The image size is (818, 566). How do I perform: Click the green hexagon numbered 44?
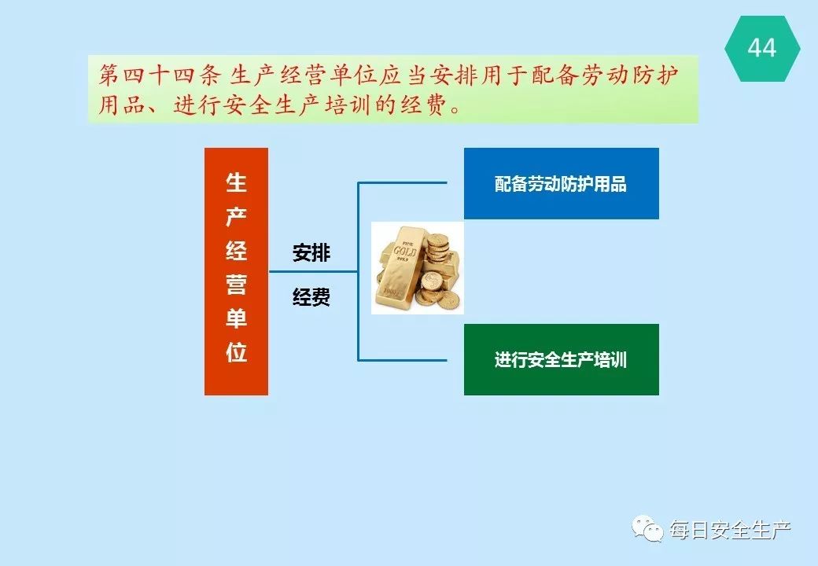[x=762, y=49]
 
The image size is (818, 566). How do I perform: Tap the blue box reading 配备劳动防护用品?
[x=562, y=183]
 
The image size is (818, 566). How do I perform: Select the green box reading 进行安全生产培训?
[x=562, y=359]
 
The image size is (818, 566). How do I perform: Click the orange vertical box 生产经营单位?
[x=236, y=271]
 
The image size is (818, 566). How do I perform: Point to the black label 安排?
[x=311, y=253]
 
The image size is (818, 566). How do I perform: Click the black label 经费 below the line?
[x=311, y=298]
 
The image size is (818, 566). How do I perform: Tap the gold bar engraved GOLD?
[x=400, y=266]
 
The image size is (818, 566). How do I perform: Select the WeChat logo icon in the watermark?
[x=648, y=529]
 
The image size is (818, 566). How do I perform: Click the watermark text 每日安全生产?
[x=731, y=530]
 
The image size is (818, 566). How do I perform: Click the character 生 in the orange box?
[x=236, y=183]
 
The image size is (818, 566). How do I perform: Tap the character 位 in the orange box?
[x=236, y=353]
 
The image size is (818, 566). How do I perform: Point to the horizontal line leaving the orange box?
[x=313, y=271]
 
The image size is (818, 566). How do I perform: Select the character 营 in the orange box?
[x=236, y=285]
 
